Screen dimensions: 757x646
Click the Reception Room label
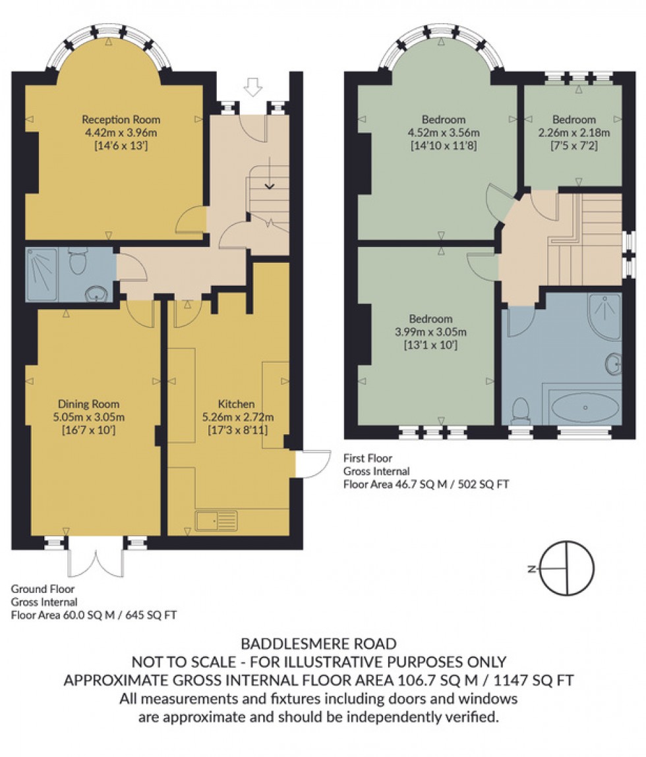point(121,119)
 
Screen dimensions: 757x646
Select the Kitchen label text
point(236,404)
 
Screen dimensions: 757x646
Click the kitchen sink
point(216,520)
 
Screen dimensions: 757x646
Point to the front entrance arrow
point(252,86)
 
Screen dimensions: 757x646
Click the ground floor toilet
point(78,262)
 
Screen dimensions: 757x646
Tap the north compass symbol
point(566,567)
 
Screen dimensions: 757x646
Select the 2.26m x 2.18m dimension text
point(573,132)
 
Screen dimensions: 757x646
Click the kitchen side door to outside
point(311,463)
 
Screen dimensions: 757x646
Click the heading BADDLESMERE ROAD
point(318,643)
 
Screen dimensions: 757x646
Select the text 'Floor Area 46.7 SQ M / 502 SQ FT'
point(426,484)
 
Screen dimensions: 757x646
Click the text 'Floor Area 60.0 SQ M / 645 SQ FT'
point(94,615)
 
